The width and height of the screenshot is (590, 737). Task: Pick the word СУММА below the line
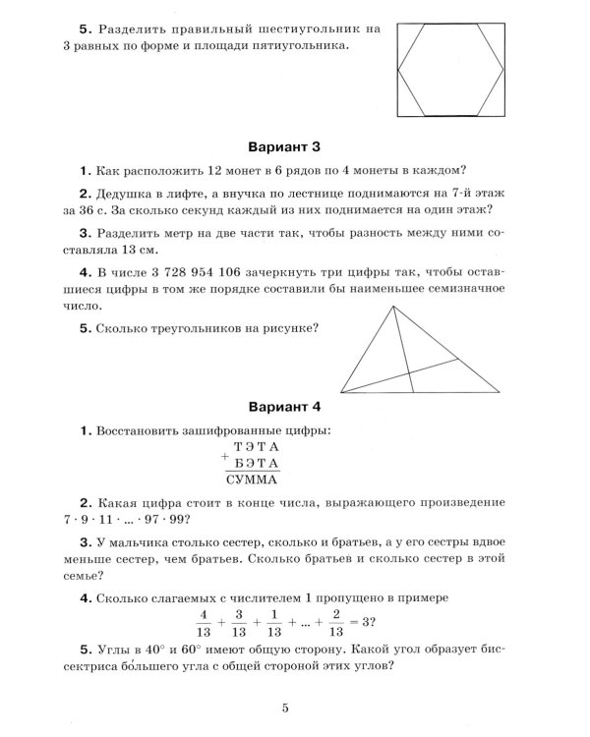252,481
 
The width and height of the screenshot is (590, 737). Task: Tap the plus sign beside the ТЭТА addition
227,456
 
